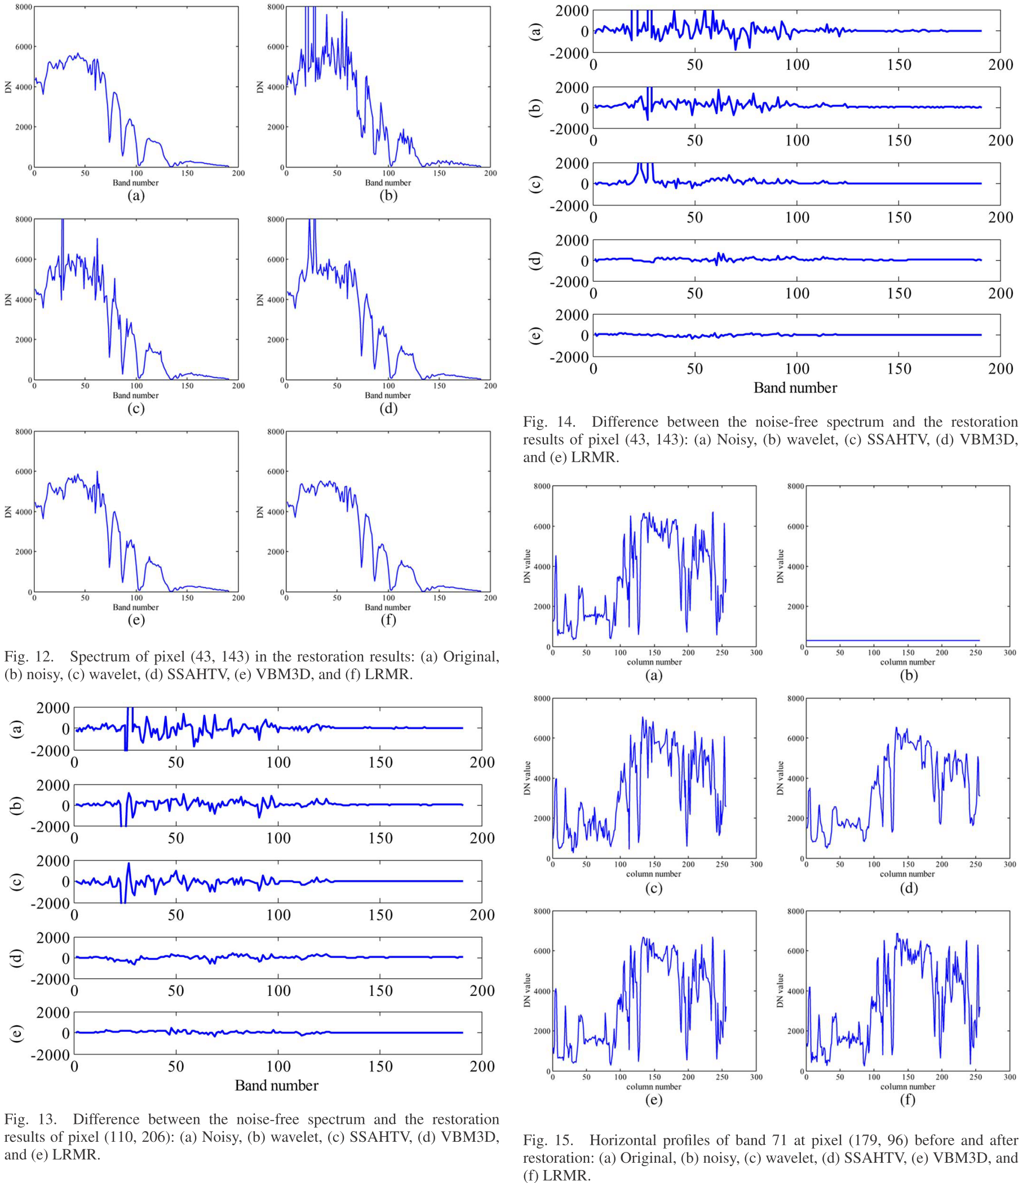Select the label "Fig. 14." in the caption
(548, 422)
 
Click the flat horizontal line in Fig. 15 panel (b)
(893, 641)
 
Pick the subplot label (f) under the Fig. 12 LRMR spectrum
(388, 620)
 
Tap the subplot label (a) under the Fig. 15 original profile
(654, 675)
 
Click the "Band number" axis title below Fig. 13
(277, 1085)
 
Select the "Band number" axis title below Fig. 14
(795, 388)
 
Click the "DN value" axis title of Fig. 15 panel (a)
(527, 566)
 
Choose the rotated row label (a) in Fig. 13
(17, 729)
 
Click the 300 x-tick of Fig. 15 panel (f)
(1009, 1077)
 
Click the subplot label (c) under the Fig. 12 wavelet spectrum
(136, 408)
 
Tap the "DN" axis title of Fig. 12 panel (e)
(8, 512)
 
